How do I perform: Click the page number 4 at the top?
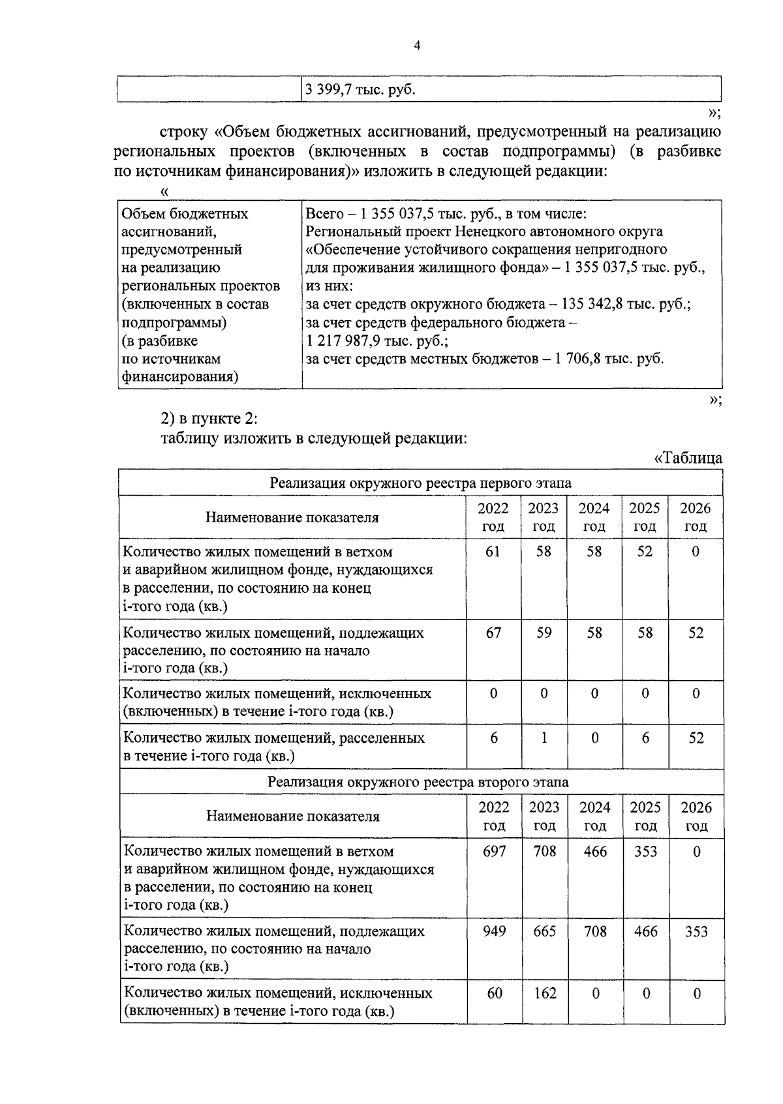click(x=418, y=45)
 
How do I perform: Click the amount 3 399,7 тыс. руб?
click(x=360, y=90)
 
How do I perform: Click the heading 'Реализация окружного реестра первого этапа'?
click(x=421, y=483)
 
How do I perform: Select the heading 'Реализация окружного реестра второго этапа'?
click(x=418, y=782)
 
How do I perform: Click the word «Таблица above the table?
click(x=688, y=458)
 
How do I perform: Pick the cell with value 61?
click(x=493, y=552)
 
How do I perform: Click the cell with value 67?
click(x=493, y=633)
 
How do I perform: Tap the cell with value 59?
click(x=544, y=633)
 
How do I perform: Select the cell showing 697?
click(x=494, y=851)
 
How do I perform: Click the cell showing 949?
click(x=494, y=931)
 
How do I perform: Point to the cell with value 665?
click(x=544, y=931)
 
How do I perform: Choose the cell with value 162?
click(x=544, y=993)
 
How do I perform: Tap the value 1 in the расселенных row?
click(x=544, y=738)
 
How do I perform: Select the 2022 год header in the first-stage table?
click(x=493, y=517)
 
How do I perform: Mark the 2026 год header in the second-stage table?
click(x=696, y=816)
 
